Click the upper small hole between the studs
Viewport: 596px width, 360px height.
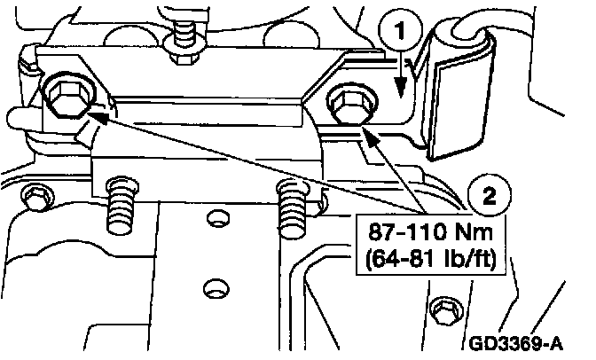pos(213,218)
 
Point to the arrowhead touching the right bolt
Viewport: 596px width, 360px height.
pos(366,136)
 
